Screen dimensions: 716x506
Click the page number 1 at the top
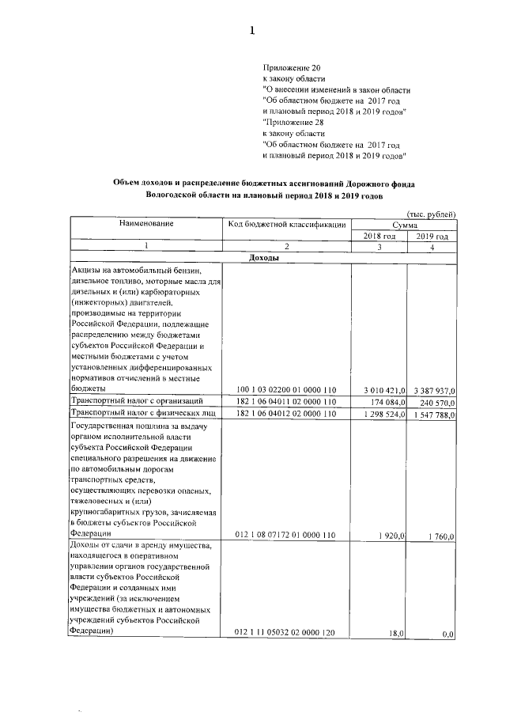coord(252,32)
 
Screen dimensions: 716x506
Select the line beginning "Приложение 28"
coord(293,123)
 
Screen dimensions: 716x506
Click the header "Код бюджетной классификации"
coord(286,225)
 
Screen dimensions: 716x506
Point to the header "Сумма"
coord(404,225)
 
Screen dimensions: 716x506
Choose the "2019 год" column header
coord(432,237)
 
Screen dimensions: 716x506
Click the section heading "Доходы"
coord(262,259)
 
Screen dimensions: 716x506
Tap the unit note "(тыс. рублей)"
coord(431,214)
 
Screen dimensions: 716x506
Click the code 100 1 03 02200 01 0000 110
coord(286,390)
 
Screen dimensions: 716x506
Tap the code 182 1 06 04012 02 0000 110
coord(286,414)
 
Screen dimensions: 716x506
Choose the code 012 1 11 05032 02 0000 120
coord(286,633)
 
